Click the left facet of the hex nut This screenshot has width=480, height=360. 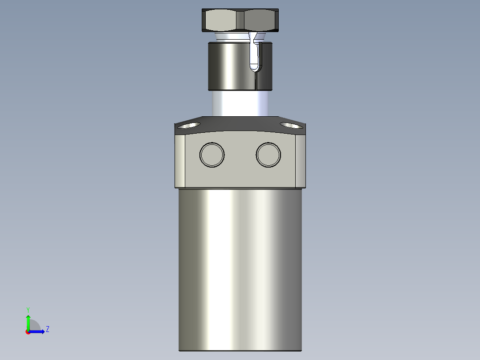(x=220, y=20)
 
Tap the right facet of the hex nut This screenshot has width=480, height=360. (x=262, y=20)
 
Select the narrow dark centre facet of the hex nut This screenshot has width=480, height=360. (x=240, y=20)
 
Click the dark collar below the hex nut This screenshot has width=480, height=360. (x=227, y=65)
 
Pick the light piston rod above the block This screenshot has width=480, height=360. (x=236, y=103)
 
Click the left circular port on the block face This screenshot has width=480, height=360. (x=212, y=155)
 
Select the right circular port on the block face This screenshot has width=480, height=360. (x=268, y=155)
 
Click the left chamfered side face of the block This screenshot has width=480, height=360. (x=180, y=161)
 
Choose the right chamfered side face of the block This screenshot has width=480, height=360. (x=301, y=161)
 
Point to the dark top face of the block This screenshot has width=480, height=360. (x=240, y=124)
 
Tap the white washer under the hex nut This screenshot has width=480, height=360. (x=232, y=36)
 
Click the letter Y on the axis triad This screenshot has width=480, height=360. (x=28, y=309)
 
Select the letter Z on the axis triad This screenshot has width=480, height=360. (x=47, y=329)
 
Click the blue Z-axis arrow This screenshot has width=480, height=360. (x=37, y=331)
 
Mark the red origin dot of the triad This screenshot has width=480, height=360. (x=28, y=332)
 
